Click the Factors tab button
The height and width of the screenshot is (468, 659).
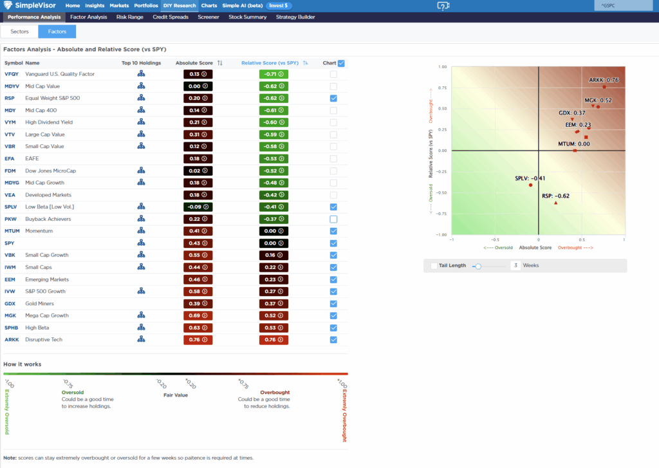[x=57, y=31]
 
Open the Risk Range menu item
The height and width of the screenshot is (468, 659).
[x=130, y=17]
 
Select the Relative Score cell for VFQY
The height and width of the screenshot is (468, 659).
[x=274, y=74]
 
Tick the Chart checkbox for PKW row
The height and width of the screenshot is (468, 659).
[x=333, y=219]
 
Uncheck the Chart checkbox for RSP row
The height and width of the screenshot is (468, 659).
[x=333, y=98]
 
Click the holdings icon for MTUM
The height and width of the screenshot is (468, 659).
[x=141, y=231]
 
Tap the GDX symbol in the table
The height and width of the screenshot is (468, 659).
[x=10, y=304]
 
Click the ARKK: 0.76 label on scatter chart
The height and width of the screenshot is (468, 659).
[x=604, y=80]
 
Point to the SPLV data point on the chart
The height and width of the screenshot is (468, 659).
[x=531, y=185]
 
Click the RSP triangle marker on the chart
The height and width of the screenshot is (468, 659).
[x=555, y=203]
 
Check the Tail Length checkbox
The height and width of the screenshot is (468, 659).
[x=434, y=265]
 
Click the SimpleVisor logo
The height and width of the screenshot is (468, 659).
[x=32, y=6]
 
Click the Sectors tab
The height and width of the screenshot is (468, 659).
[x=19, y=31]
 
